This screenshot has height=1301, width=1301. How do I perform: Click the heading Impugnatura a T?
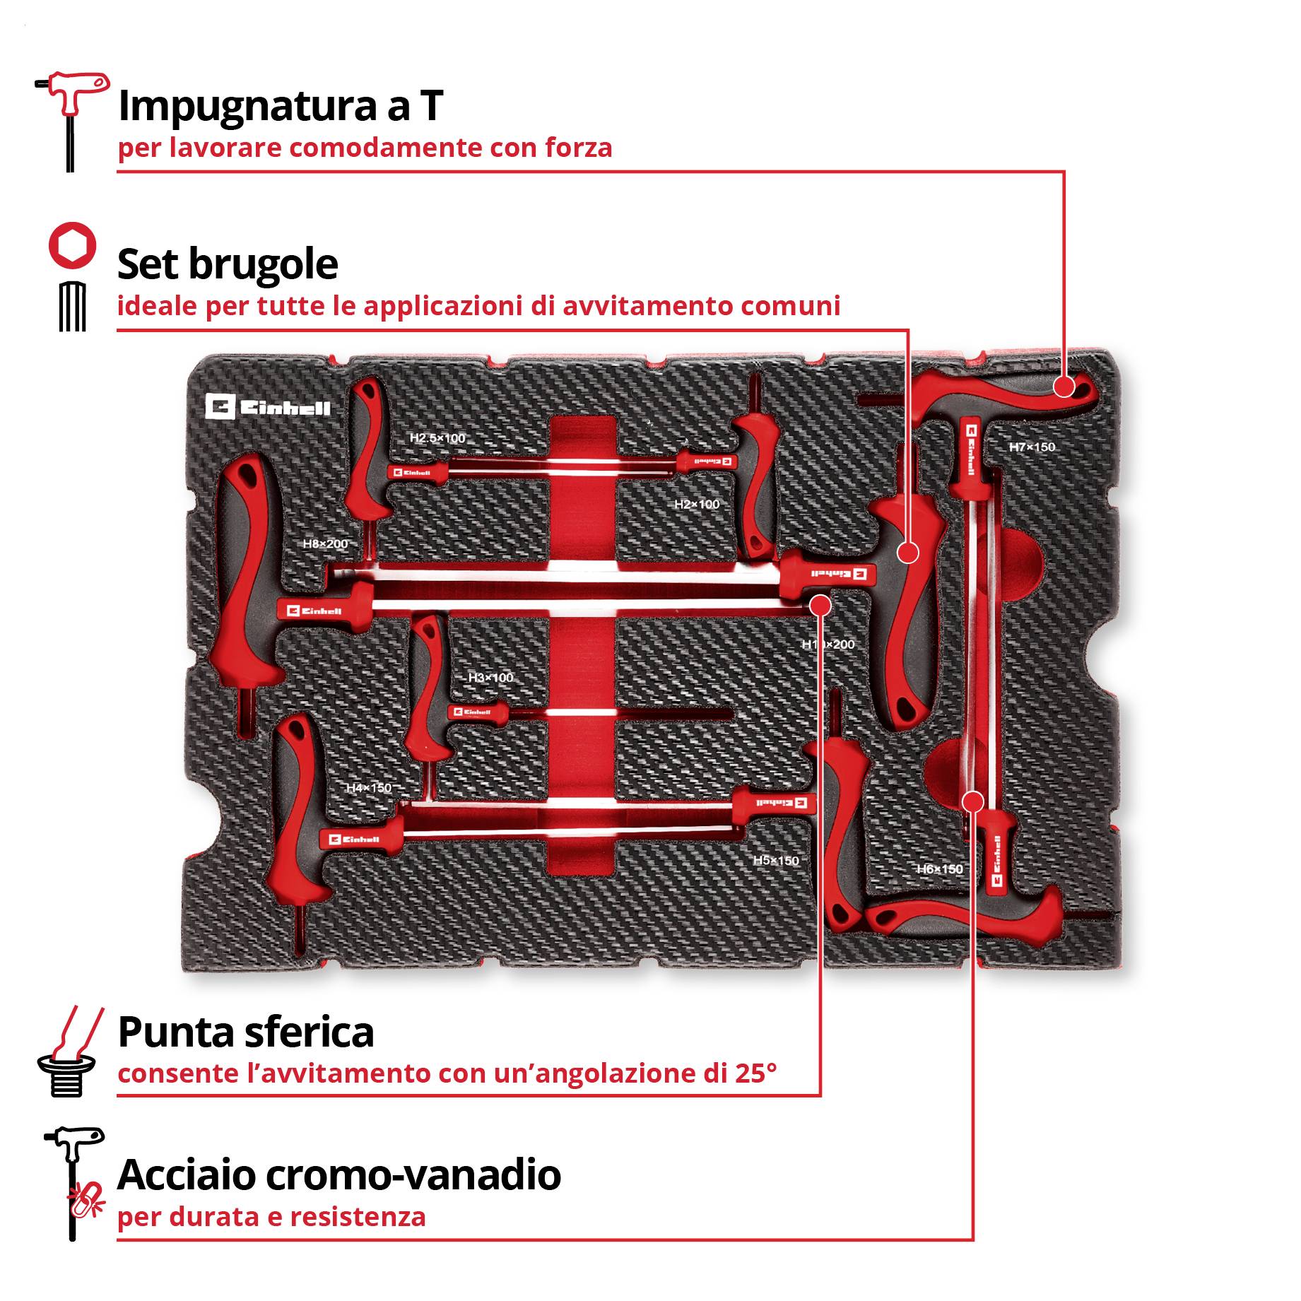click(280, 106)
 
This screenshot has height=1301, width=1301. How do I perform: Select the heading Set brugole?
click(227, 264)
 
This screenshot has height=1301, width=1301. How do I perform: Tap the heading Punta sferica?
click(245, 1032)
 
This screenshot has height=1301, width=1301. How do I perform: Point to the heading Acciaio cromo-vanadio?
click(339, 1175)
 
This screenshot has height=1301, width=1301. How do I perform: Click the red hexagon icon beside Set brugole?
click(71, 245)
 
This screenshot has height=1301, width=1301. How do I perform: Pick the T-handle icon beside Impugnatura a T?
click(71, 120)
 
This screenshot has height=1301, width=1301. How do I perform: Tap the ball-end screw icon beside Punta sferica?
click(69, 1052)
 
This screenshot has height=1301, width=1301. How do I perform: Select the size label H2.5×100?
click(437, 438)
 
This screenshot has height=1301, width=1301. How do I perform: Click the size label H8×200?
click(325, 544)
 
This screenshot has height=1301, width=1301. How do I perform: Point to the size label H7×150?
click(1031, 447)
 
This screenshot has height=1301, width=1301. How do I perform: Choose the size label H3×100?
click(490, 678)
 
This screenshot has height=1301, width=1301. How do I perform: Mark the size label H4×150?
click(368, 788)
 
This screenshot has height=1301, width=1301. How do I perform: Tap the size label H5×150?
click(775, 861)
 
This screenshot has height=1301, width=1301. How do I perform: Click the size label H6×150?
click(939, 869)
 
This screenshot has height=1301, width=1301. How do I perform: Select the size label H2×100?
click(696, 505)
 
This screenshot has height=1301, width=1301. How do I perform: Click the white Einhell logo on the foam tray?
click(268, 408)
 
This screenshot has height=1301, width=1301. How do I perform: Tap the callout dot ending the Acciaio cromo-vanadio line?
click(973, 801)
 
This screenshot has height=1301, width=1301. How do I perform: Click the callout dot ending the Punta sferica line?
click(820, 605)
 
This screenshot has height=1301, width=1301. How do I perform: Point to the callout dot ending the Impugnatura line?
click(1064, 387)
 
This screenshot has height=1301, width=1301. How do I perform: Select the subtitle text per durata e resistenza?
click(271, 1218)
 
